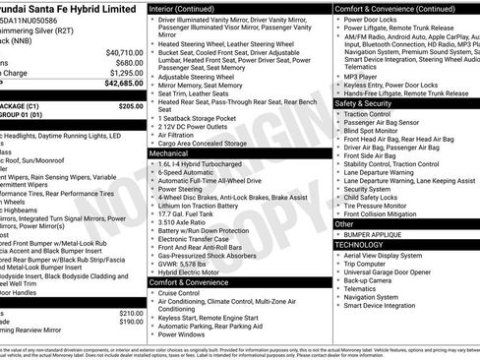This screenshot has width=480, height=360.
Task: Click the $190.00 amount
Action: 131,322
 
